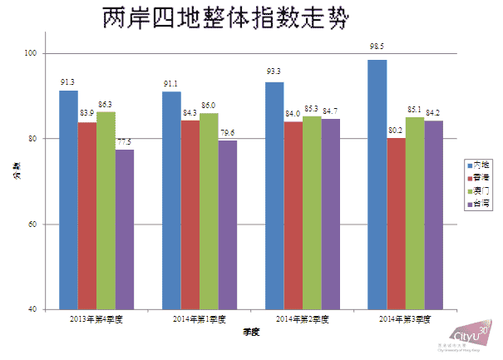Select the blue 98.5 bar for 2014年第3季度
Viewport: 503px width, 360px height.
pos(377,184)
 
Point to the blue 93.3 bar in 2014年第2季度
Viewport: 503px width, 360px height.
pos(274,195)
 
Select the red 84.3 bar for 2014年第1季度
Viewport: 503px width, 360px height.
pos(190,215)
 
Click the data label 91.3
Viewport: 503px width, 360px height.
pos(68,81)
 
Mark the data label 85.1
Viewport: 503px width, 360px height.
pos(413,108)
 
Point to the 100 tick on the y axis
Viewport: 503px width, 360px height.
pos(32,53)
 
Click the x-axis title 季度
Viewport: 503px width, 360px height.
pos(250,333)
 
